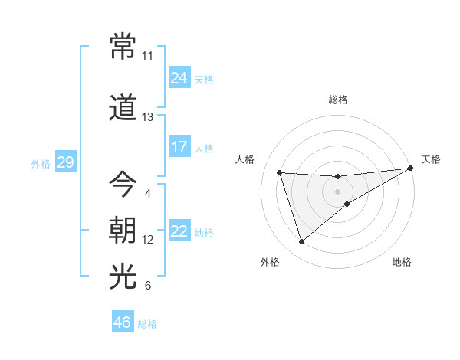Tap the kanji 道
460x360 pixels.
tap(123, 110)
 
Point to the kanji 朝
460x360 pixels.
tap(123, 231)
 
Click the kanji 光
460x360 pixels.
tap(123, 277)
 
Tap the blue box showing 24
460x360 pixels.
tap(179, 78)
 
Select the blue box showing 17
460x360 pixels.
tap(179, 147)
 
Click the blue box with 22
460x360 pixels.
tap(179, 231)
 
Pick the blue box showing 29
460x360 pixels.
tap(65, 162)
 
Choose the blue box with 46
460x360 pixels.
tap(123, 322)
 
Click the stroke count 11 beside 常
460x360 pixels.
tap(147, 56)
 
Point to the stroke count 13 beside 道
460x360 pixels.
tap(147, 117)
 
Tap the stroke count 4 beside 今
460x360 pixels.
tap(147, 193)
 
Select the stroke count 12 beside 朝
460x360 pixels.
tap(147, 240)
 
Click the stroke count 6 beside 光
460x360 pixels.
tap(147, 286)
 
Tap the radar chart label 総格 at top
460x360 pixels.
tap(338, 100)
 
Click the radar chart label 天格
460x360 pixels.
tap(431, 159)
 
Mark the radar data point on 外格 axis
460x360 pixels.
tap(301, 242)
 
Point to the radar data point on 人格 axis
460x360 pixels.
tap(280, 173)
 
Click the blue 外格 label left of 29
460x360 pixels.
tap(40, 163)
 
